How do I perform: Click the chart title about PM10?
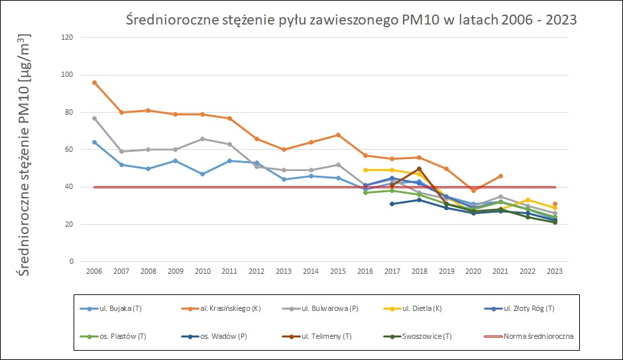(351, 20)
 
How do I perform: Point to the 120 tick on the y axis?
(67, 37)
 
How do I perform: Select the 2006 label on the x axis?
(95, 271)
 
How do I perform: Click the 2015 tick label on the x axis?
(338, 271)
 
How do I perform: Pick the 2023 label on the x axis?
(555, 271)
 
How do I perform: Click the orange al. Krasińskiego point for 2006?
(95, 82)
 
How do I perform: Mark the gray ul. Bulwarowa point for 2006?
(95, 118)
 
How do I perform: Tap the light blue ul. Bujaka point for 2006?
(95, 142)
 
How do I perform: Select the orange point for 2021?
(500, 176)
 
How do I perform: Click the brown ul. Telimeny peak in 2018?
(420, 168)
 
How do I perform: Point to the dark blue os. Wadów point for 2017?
(392, 204)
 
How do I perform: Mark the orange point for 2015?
(338, 135)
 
